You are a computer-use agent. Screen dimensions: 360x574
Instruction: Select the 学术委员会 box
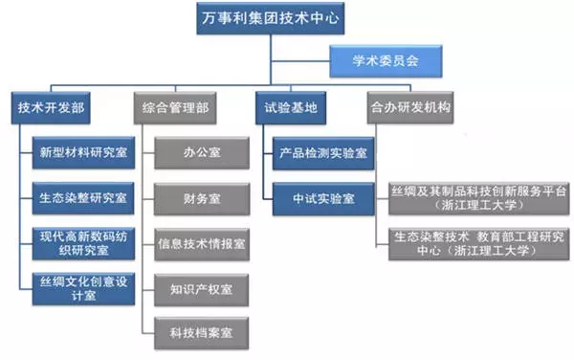(385, 64)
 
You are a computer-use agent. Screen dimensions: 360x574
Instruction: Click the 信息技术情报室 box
(202, 242)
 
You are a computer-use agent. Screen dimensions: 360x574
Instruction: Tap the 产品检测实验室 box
(322, 153)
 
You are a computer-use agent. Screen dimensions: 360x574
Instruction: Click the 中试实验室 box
(322, 197)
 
